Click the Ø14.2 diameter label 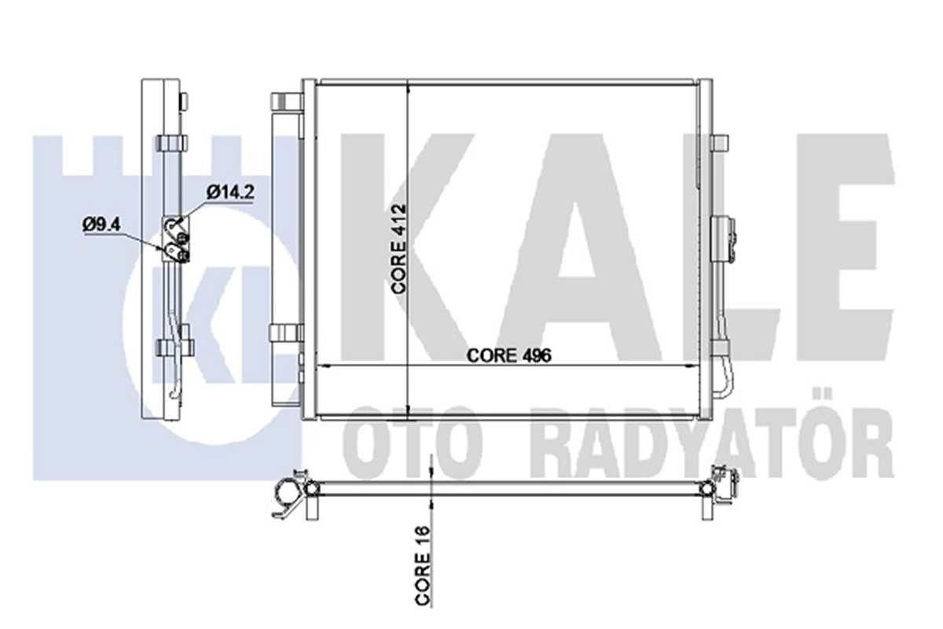click(231, 193)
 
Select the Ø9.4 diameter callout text click(101, 224)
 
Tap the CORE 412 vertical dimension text click(398, 248)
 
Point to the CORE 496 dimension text click(508, 355)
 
